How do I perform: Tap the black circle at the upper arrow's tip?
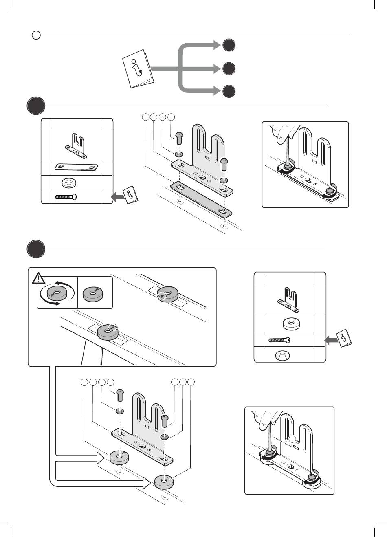coord(229,45)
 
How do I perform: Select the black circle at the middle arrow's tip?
coord(229,68)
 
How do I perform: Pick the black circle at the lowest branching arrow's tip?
coord(229,91)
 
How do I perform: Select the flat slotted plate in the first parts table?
coord(77,167)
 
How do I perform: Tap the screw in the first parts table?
coord(66,197)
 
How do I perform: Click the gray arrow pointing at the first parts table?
coord(118,197)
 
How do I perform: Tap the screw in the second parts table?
coord(279,340)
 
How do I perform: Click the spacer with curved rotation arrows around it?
coord(57,292)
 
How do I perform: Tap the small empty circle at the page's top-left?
coord(36,35)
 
